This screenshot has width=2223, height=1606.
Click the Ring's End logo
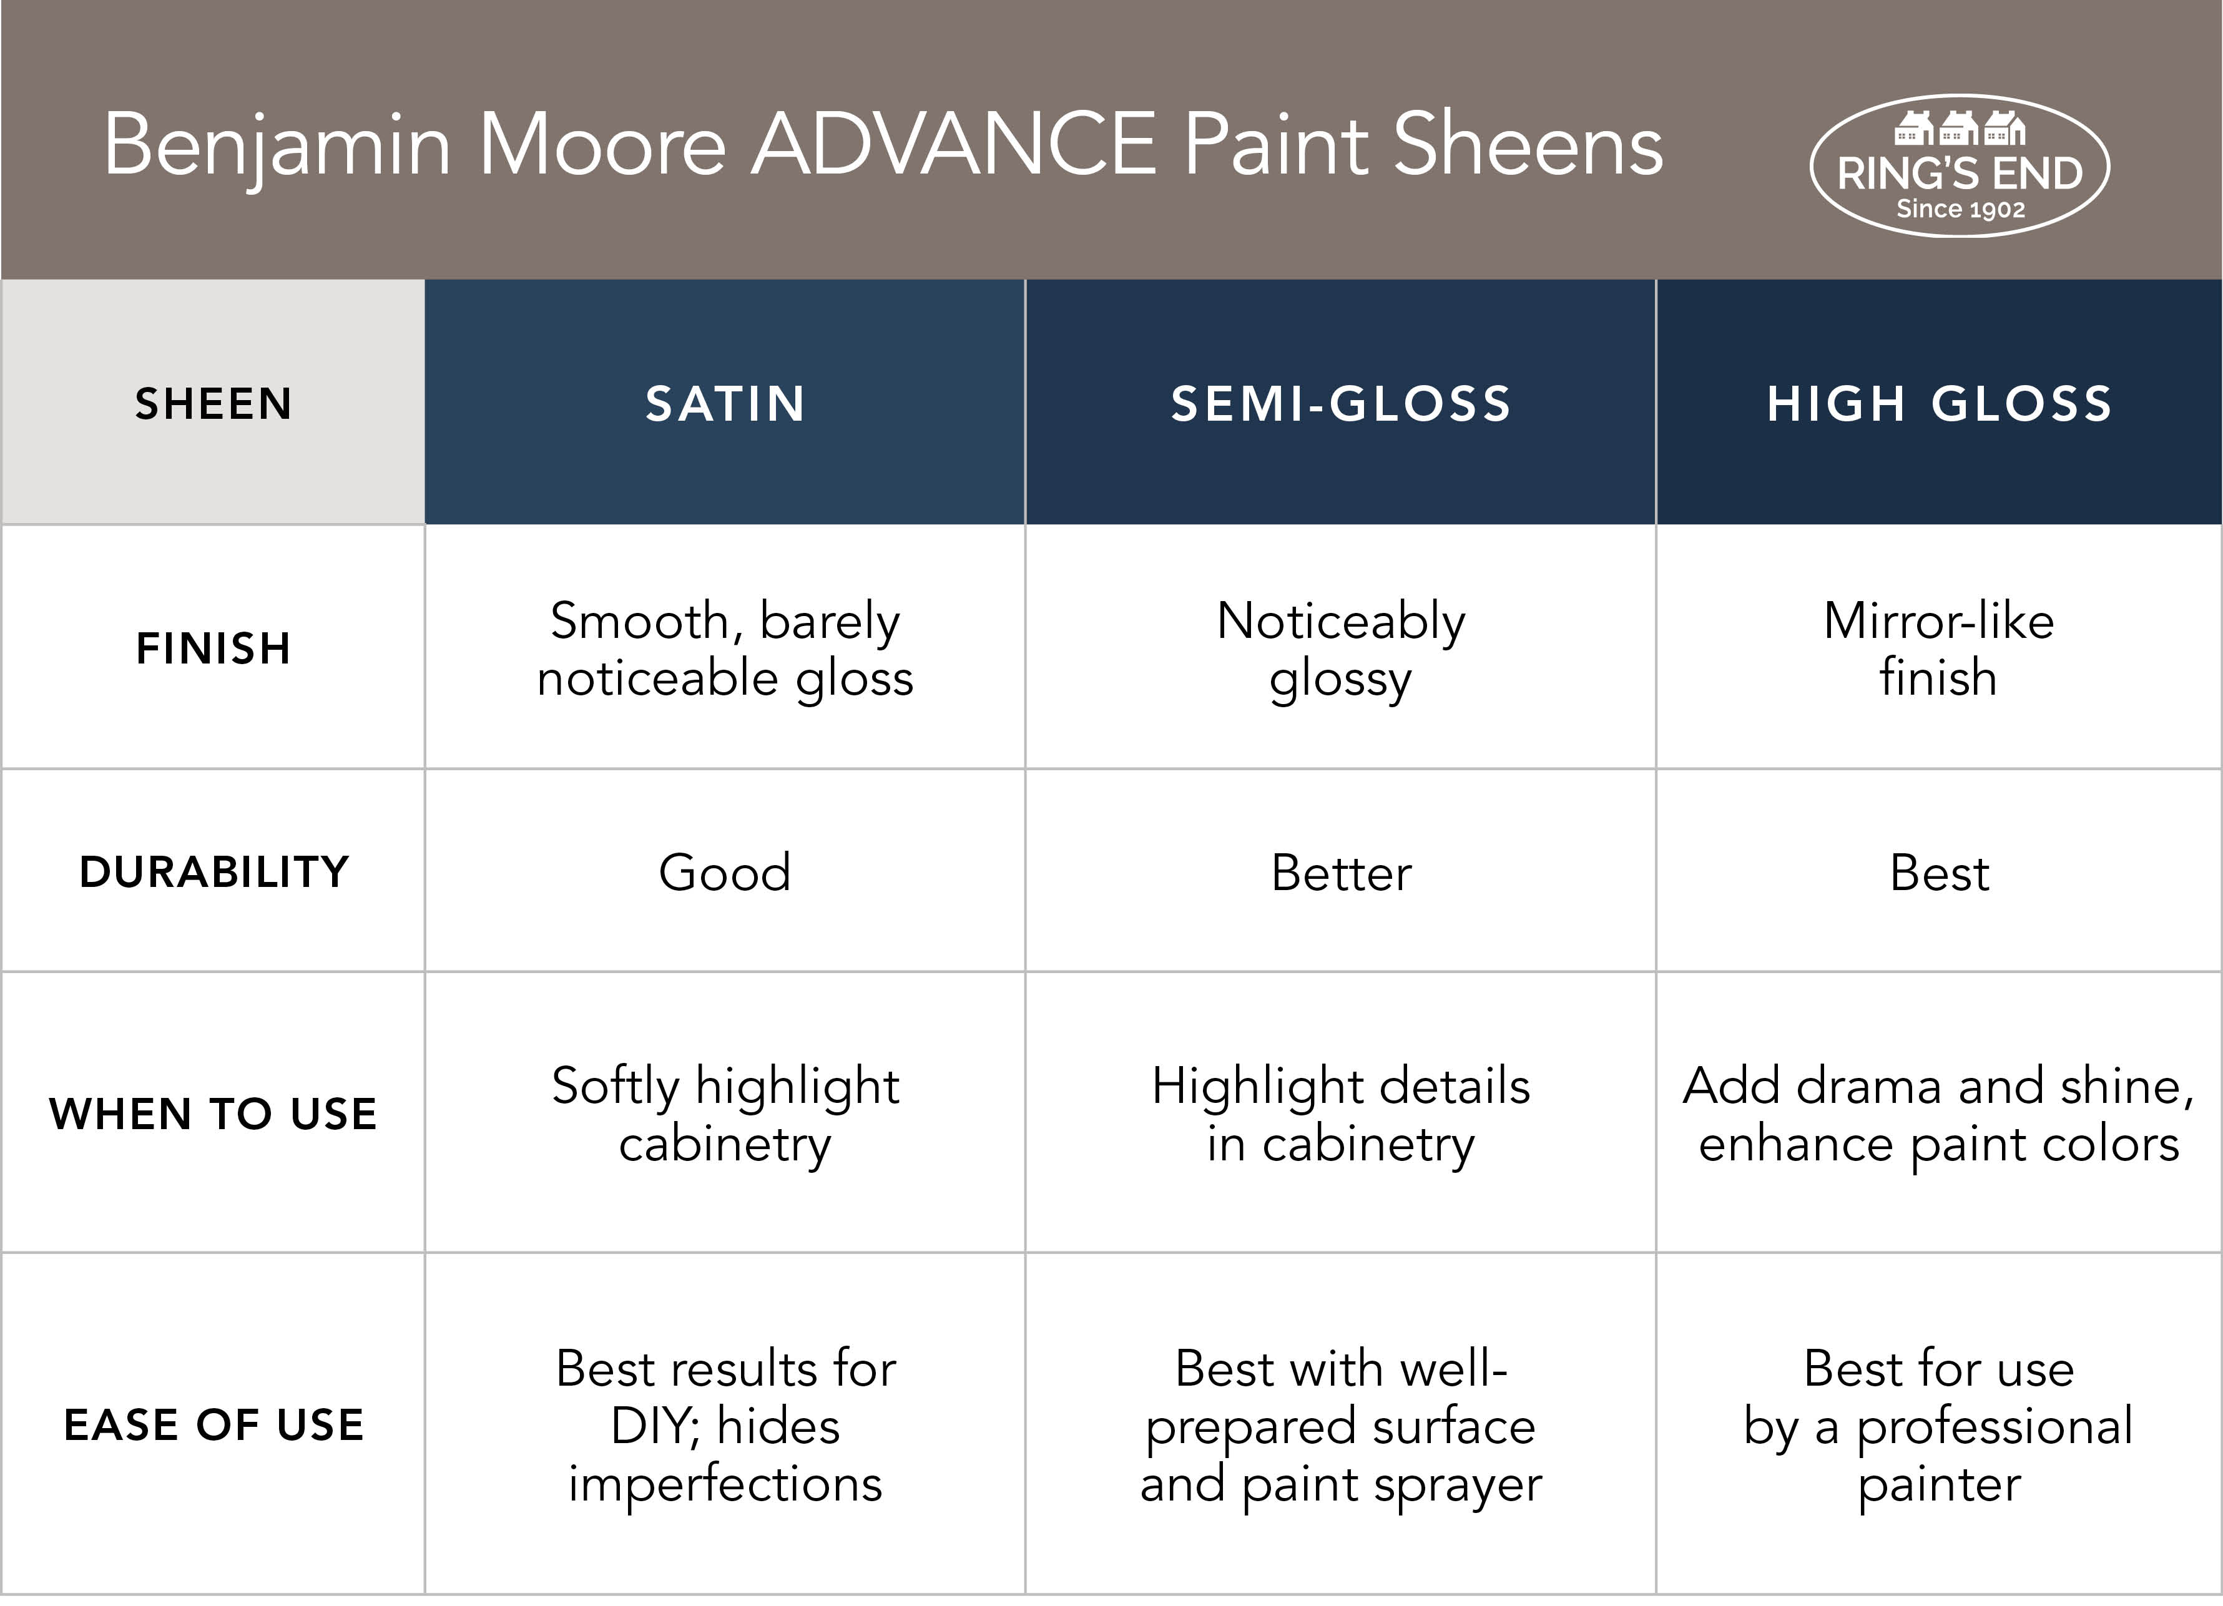point(1960,165)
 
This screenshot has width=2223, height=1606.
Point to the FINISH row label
point(213,648)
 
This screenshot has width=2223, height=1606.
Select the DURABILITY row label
point(213,871)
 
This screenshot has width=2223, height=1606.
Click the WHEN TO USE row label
point(213,1113)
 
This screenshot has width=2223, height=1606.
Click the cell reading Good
point(725,872)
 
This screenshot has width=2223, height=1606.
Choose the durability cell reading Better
point(1341,872)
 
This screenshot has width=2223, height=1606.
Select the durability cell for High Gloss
point(1939,872)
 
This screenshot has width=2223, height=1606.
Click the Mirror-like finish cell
point(1939,649)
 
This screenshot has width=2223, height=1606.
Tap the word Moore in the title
point(602,144)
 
